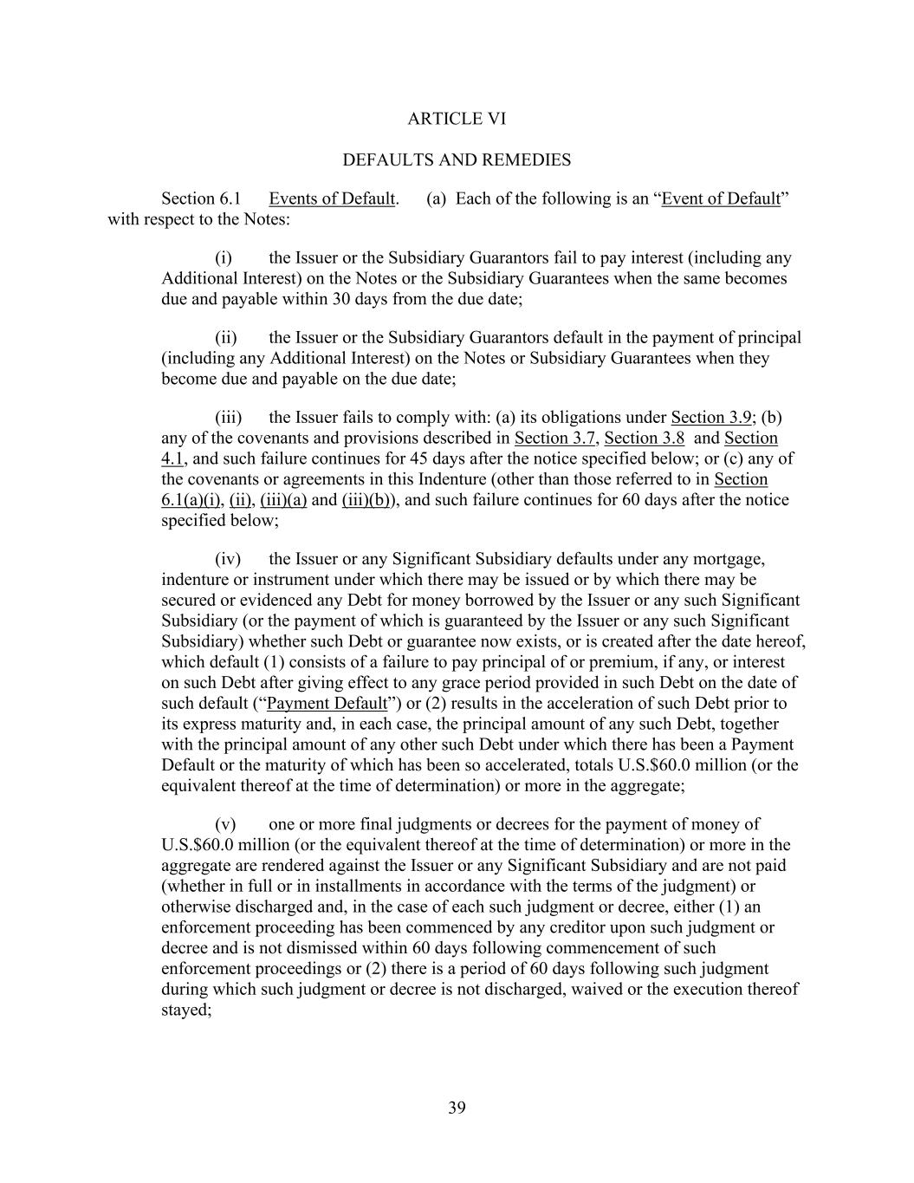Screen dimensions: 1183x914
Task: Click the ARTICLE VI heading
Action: coord(457,119)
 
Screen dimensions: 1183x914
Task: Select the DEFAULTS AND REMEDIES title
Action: coord(457,160)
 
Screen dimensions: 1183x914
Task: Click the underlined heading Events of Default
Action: coord(332,198)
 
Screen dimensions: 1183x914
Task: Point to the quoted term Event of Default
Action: coord(721,198)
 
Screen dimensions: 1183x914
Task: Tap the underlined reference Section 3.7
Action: coord(554,438)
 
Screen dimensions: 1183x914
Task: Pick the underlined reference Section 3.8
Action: coord(644,438)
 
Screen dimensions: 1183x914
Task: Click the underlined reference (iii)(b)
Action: coord(365,500)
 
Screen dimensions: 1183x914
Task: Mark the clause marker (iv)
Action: coord(228,559)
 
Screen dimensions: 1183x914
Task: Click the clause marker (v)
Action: coord(225,824)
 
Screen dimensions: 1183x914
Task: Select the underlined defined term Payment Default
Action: coord(327,703)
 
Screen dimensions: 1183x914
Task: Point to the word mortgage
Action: coord(732,559)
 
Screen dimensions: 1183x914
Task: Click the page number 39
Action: coord(457,1108)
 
